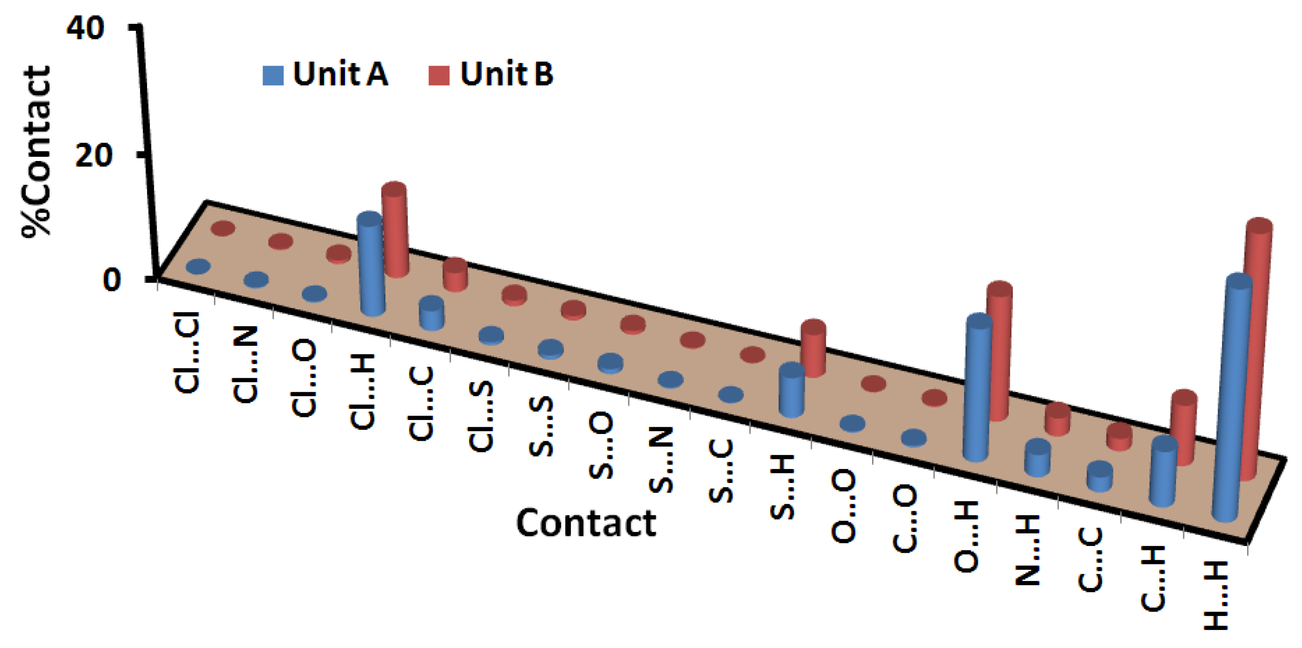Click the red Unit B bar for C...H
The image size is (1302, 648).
(1184, 427)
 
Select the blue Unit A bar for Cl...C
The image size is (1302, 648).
(432, 313)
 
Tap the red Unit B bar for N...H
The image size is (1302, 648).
(1057, 420)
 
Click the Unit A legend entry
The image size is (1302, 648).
(326, 75)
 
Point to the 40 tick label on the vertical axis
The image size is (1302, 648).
(85, 29)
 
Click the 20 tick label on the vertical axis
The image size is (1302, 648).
(93, 156)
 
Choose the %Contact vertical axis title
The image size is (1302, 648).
(36, 152)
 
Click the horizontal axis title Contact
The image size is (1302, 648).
(586, 523)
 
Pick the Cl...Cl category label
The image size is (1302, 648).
(187, 352)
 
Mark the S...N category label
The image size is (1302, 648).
(661, 460)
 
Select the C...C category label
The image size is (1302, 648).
(1090, 559)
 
